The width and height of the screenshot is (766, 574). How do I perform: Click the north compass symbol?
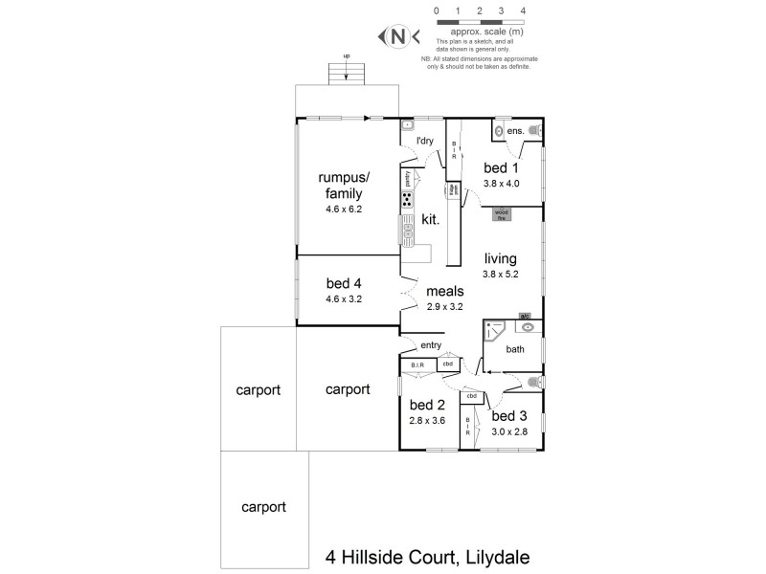coord(397,36)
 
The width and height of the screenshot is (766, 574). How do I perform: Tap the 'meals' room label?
coord(445,291)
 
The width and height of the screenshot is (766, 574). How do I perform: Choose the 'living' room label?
coord(500,258)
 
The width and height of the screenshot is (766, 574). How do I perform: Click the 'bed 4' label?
coord(343,283)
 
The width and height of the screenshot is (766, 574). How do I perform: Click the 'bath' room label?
coord(515,349)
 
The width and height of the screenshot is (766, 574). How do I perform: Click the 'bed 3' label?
coord(508,415)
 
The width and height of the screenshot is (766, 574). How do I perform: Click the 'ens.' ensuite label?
coord(515,130)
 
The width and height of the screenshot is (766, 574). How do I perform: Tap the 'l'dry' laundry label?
coord(425,141)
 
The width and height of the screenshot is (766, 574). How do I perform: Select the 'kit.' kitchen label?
coord(430,220)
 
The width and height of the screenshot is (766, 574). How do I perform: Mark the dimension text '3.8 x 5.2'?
coord(500,275)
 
